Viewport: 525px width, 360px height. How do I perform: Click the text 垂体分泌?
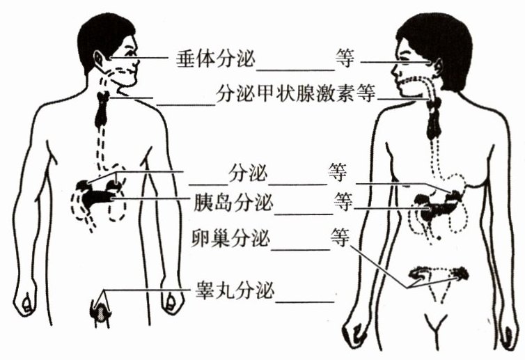point(216,58)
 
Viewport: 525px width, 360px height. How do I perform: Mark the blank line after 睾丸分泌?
point(305,300)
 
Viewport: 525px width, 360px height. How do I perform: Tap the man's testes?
point(102,311)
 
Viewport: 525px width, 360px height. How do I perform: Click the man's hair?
point(104,31)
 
